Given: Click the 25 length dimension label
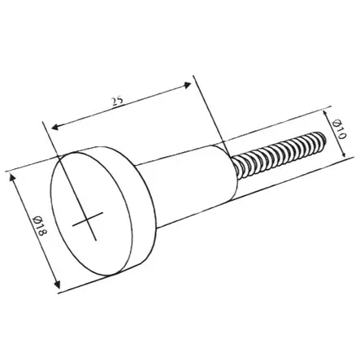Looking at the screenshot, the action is click(117, 101).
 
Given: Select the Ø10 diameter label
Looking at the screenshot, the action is click(340, 128).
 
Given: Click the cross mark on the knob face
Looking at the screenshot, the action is click(88, 222).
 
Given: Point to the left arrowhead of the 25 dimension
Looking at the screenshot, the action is click(55, 127).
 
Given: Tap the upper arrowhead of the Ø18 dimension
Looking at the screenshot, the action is click(12, 177).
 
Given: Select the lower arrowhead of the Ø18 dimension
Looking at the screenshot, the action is click(57, 284).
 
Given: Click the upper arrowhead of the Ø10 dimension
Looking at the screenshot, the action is click(326, 113).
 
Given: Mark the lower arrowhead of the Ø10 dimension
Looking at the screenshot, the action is click(344, 154).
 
